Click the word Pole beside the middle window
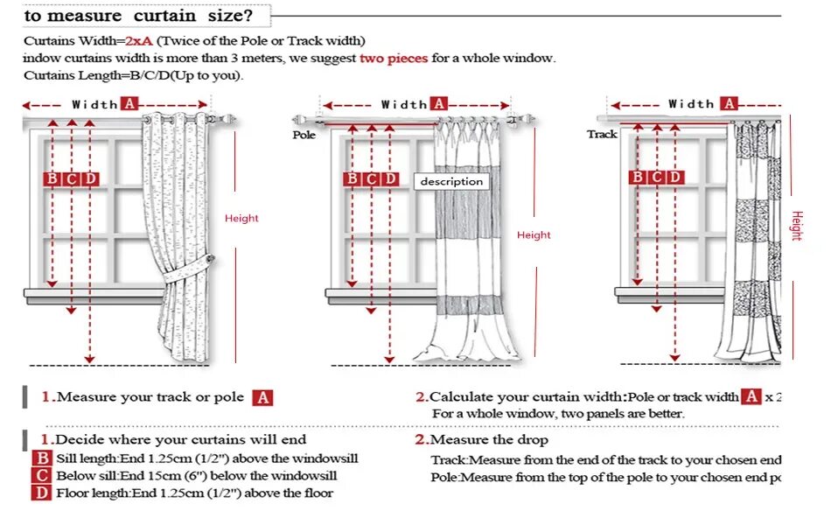(304, 135)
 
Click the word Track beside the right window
(602, 134)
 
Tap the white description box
(451, 181)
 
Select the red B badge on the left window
(52, 179)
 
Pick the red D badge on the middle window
(390, 179)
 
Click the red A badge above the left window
(129, 103)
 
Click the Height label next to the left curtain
(241, 218)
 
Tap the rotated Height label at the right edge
(796, 225)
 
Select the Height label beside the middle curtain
(534, 234)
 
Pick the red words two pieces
(394, 58)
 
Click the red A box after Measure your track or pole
(262, 398)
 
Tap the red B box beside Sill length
(43, 458)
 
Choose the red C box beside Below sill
(43, 476)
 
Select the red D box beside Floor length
(43, 493)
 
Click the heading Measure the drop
(489, 439)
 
